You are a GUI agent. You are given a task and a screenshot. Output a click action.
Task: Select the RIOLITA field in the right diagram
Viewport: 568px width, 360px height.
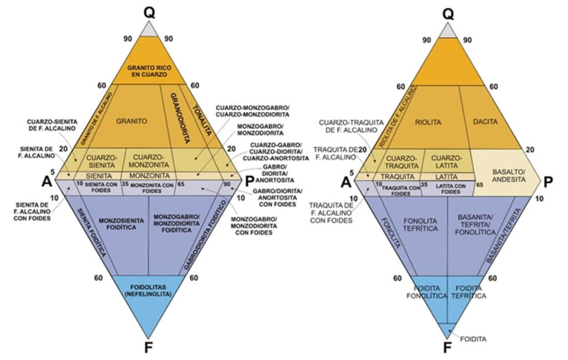pos(429,120)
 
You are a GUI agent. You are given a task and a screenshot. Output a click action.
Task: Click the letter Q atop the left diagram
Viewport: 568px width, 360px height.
pos(148,11)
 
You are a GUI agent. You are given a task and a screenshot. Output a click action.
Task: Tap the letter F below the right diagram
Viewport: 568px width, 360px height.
pos(448,348)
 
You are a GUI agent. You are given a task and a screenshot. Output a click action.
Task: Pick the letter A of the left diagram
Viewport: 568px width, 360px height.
pos(48,181)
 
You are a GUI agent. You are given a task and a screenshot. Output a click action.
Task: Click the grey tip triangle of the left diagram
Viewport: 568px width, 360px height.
pos(148,30)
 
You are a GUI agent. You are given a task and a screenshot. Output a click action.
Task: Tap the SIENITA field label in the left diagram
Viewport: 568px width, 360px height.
pos(99,176)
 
